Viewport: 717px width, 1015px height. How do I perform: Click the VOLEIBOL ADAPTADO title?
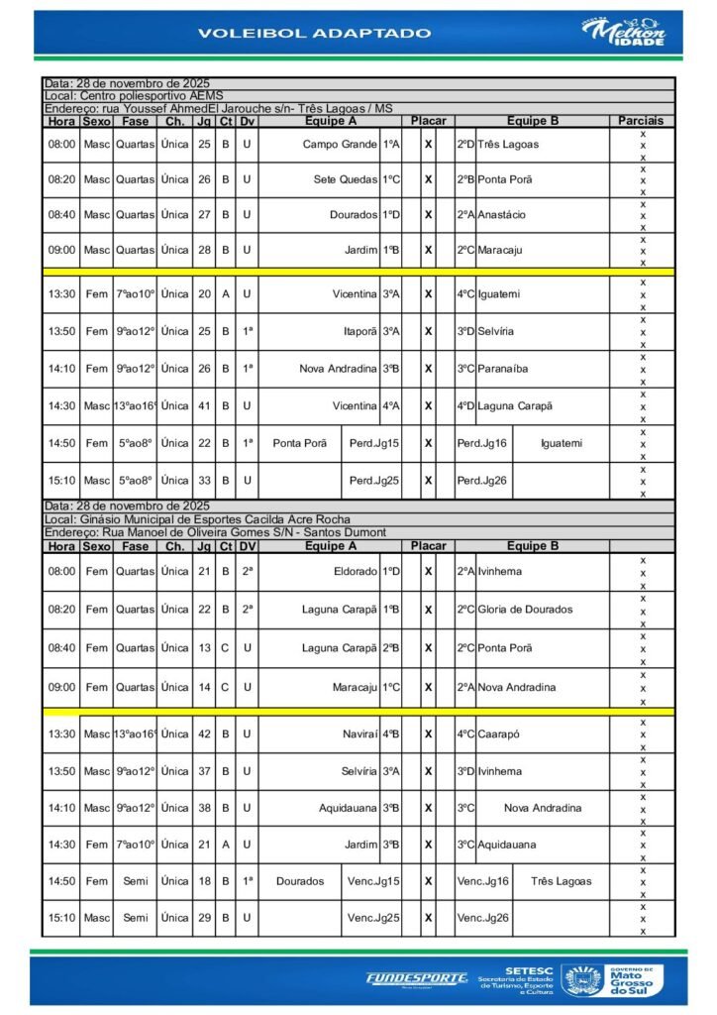[314, 33]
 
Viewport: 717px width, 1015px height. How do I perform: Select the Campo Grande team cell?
[340, 145]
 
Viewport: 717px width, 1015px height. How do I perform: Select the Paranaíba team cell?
[503, 369]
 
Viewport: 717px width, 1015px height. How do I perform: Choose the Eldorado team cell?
[356, 572]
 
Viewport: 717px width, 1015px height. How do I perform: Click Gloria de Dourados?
[525, 610]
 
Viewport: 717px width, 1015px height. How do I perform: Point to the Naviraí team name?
[359, 733]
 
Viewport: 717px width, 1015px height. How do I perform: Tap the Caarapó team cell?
[499, 733]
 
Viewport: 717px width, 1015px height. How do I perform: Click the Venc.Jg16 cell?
[482, 881]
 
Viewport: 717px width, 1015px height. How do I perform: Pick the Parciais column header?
[641, 121]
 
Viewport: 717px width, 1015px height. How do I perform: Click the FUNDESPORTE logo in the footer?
[416, 978]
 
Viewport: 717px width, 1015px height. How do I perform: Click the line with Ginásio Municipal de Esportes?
[198, 519]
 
